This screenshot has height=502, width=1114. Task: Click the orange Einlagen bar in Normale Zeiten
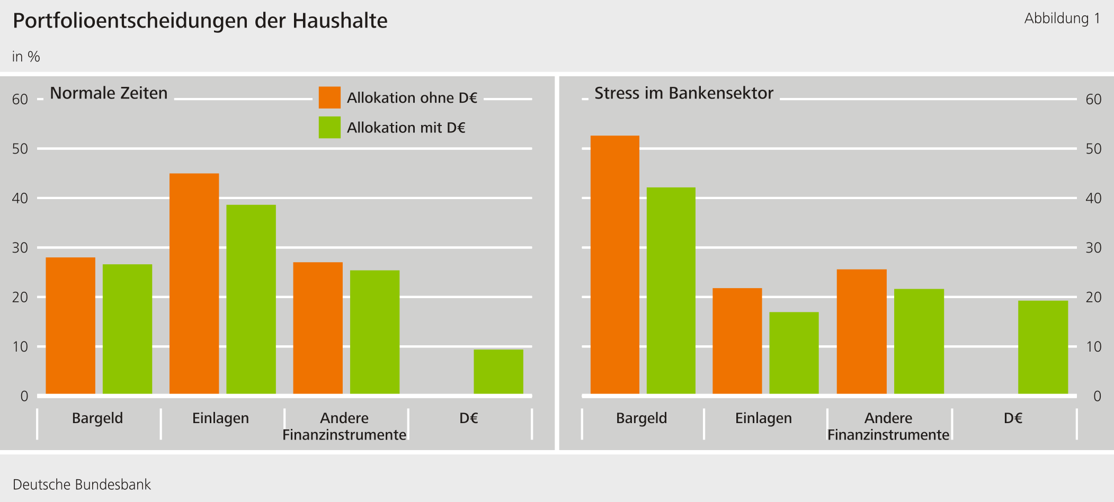tap(194, 283)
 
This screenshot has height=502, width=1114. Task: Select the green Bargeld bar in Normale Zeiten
tap(127, 329)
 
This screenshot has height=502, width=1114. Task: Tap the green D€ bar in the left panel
tap(498, 371)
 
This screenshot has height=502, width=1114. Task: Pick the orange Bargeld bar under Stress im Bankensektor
tap(614, 265)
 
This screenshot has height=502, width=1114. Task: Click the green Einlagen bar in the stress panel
tap(794, 353)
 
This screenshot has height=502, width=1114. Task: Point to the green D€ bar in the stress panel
tap(1042, 347)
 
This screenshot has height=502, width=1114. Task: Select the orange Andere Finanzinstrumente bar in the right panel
tap(861, 331)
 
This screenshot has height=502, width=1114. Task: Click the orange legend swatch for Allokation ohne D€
tap(329, 97)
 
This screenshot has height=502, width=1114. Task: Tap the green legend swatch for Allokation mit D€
tap(329, 128)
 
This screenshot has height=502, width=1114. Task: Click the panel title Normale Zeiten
tap(109, 93)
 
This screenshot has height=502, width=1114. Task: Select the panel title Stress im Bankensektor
tap(683, 93)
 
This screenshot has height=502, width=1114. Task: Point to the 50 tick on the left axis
tap(20, 149)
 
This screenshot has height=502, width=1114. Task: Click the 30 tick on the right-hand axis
tap(1093, 248)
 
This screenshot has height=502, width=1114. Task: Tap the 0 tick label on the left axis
tap(24, 396)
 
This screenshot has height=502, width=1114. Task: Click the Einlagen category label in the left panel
tap(220, 418)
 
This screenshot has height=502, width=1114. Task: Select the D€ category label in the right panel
tap(1013, 418)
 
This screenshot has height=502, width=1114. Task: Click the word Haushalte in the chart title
tap(340, 21)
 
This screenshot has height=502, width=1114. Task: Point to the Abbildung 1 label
tap(1062, 19)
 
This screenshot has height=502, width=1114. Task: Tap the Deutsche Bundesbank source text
tap(82, 485)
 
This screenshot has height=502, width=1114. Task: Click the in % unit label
tap(26, 57)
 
